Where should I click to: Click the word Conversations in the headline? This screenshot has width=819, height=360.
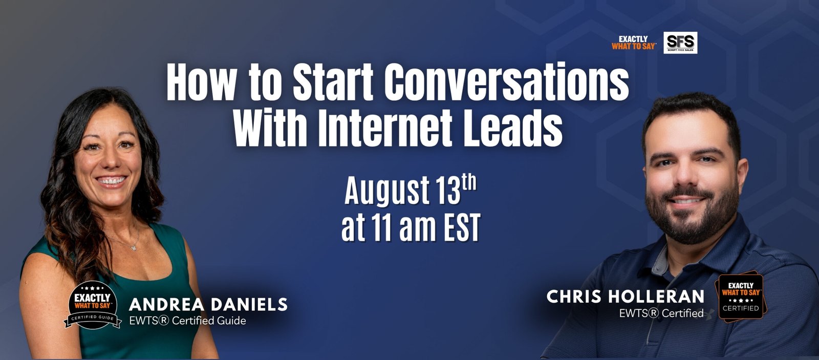click(x=506, y=81)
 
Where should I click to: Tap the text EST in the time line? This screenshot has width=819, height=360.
click(x=461, y=228)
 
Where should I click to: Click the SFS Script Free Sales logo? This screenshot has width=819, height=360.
click(x=680, y=43)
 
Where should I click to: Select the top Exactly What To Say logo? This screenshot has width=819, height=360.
click(x=634, y=43)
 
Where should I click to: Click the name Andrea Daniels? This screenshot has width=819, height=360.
click(x=208, y=304)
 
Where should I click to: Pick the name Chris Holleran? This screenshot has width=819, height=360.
click(x=625, y=297)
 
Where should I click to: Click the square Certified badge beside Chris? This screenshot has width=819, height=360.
click(x=741, y=297)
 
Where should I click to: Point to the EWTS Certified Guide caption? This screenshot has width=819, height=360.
click(x=187, y=321)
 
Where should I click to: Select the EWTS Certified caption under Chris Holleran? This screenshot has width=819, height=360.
click(x=661, y=313)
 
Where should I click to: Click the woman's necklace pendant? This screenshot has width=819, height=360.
click(x=134, y=247)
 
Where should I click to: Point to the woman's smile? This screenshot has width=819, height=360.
click(x=111, y=181)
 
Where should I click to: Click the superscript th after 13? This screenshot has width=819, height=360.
click(x=469, y=184)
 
